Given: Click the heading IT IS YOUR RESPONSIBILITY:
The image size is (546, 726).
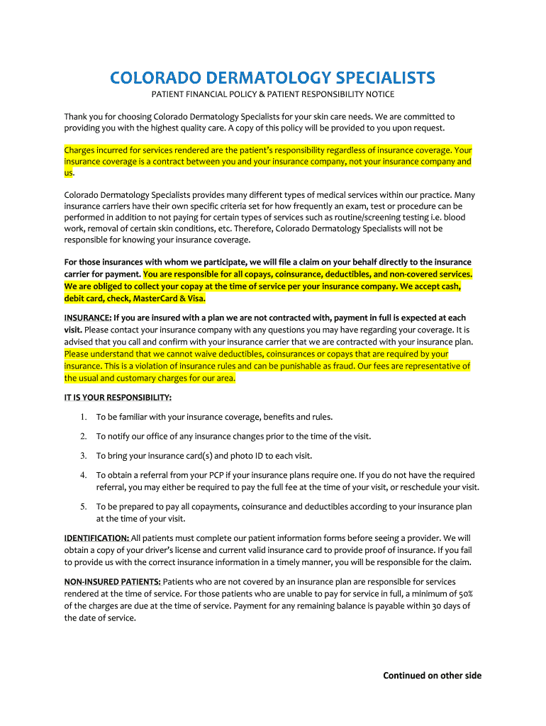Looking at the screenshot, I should tap(118, 397).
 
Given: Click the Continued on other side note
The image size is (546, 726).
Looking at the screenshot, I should tap(432, 676).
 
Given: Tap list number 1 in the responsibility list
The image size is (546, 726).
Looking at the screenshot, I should tap(83, 417).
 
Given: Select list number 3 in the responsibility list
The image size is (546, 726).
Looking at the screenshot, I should tap(83, 456).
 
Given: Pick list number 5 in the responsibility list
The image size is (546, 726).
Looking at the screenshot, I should tap(83, 507).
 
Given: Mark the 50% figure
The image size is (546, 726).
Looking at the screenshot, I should tap(464, 593).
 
